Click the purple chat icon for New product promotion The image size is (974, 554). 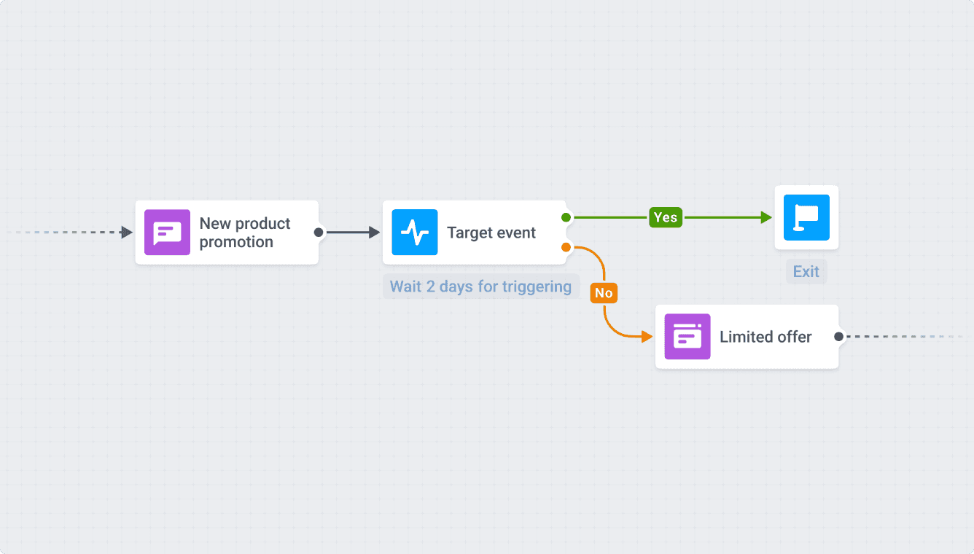click(167, 233)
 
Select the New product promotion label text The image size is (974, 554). click(245, 233)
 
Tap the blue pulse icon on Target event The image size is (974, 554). click(415, 233)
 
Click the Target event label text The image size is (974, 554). click(491, 233)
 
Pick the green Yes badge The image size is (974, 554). click(665, 217)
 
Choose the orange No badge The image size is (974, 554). click(604, 293)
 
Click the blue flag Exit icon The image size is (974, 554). click(806, 217)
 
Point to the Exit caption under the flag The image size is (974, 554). click(806, 272)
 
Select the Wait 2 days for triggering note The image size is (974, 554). click(480, 286)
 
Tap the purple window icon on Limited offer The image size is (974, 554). click(687, 337)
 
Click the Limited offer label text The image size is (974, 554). click(765, 337)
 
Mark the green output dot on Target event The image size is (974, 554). click(566, 217)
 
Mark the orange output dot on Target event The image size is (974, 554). click(566, 248)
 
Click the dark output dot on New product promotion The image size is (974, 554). click(319, 233)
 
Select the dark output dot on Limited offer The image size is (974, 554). click(838, 337)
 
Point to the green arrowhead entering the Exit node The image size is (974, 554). click(765, 217)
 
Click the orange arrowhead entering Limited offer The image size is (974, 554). click(646, 337)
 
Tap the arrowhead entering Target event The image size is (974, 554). click(374, 233)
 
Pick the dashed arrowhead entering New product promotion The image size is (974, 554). click(127, 233)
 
